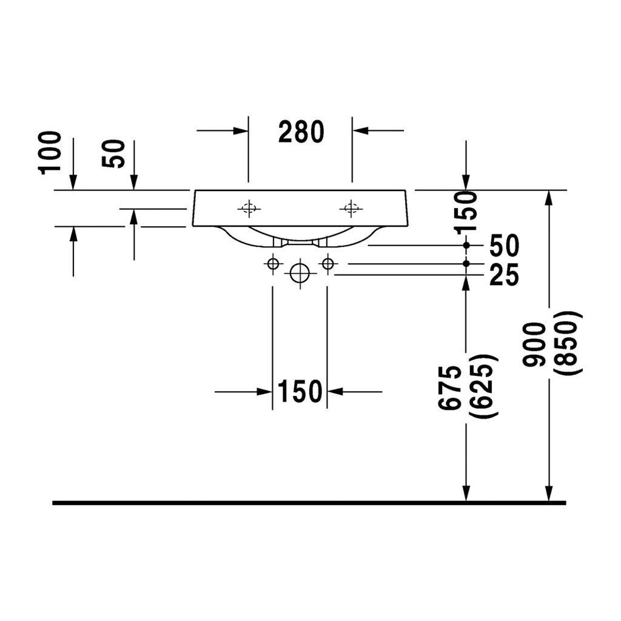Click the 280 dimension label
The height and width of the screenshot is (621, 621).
[301, 132]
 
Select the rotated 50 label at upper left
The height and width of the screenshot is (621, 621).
[113, 153]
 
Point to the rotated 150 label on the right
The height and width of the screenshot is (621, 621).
[465, 212]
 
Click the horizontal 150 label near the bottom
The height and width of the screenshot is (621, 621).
[300, 391]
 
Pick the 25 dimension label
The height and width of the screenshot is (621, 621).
[504, 275]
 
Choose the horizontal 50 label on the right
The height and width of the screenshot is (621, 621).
[504, 246]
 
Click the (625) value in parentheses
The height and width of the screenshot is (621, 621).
[482, 386]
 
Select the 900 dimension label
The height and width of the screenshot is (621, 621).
[534, 344]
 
